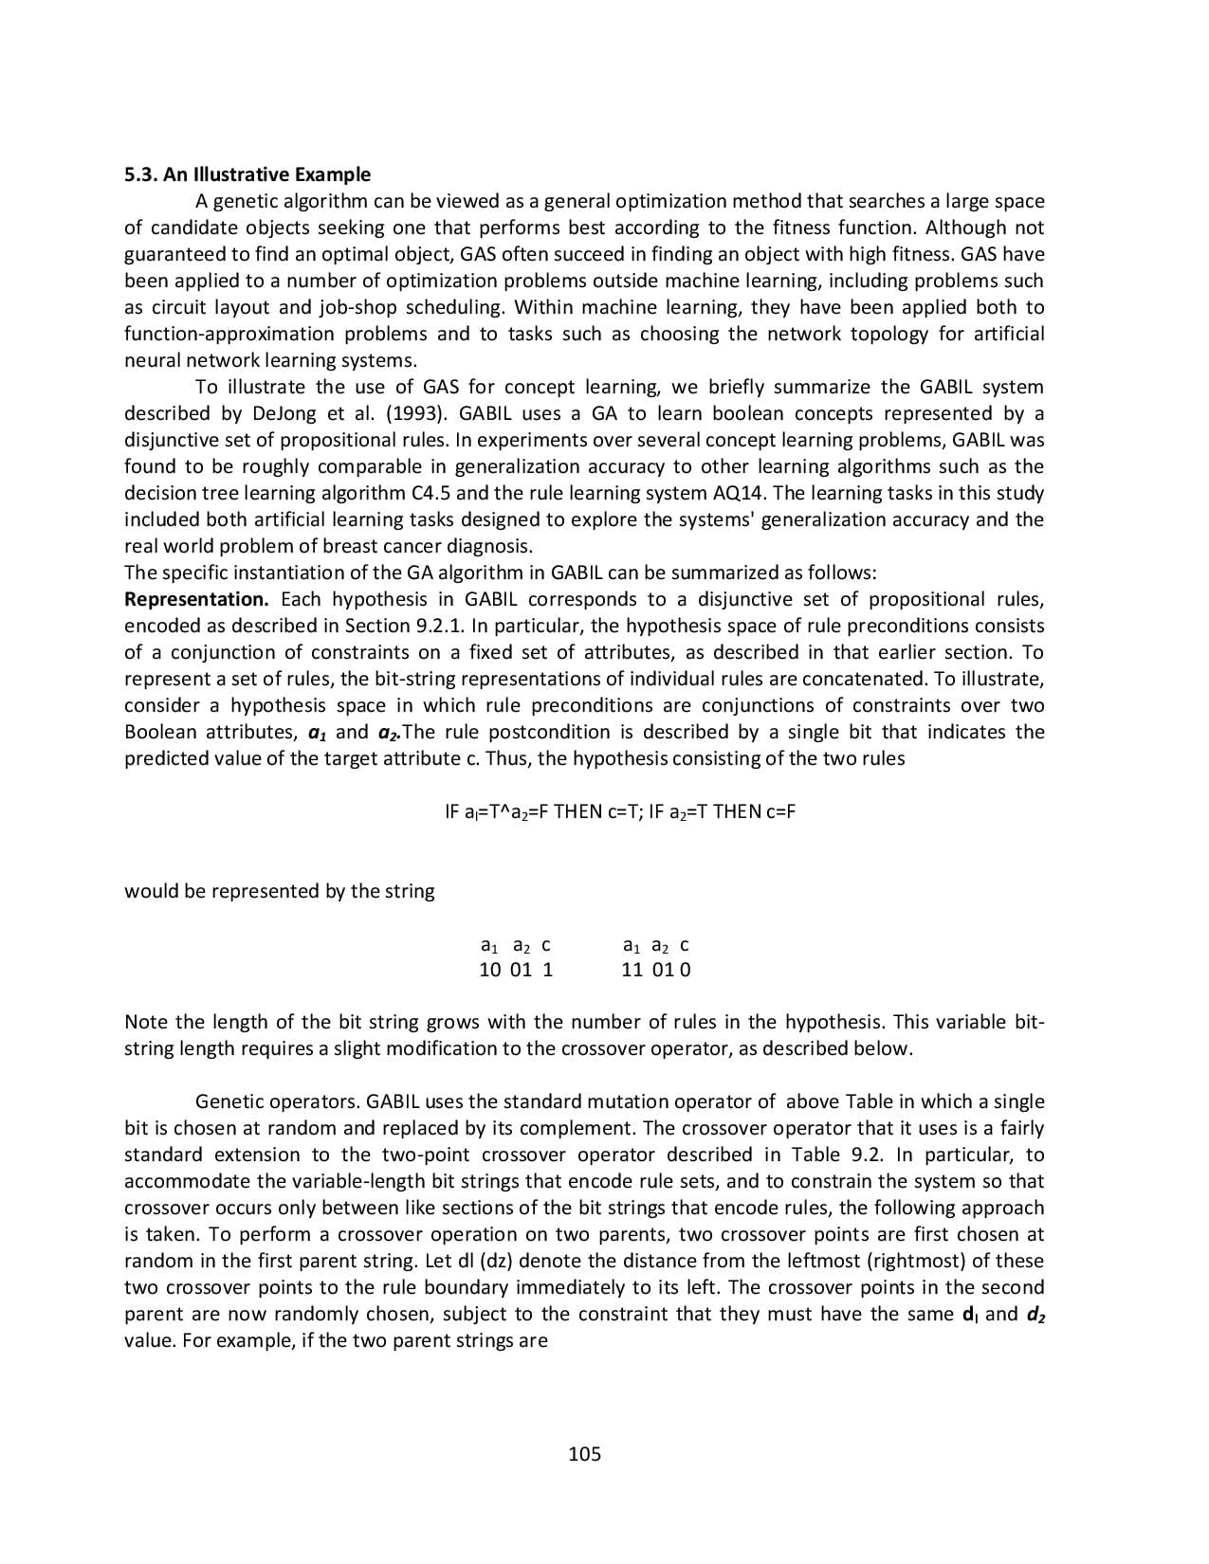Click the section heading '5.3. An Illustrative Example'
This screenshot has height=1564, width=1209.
(247, 174)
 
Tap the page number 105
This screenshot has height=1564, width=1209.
(584, 1453)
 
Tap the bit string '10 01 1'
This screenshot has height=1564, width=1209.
(516, 970)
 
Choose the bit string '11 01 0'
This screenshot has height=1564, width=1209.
(656, 970)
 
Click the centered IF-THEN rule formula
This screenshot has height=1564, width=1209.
(619, 811)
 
